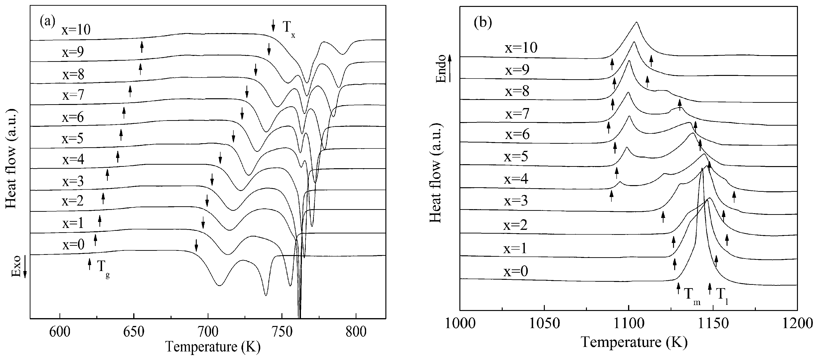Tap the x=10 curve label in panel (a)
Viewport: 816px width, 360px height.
tap(76, 30)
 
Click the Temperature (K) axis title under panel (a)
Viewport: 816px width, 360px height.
tap(213, 346)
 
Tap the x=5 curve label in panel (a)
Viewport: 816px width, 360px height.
tap(73, 138)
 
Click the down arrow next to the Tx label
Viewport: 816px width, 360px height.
tap(273, 25)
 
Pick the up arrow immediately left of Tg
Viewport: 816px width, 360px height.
tap(89, 264)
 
